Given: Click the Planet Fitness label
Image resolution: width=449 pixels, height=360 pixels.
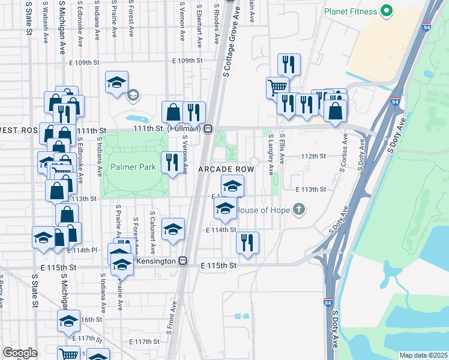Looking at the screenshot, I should pyautogui.click(x=351, y=11).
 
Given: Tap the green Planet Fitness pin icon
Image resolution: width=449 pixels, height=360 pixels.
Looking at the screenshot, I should pyautogui.click(x=387, y=11).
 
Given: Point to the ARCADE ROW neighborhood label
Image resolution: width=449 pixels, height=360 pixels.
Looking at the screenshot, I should pyautogui.click(x=227, y=170).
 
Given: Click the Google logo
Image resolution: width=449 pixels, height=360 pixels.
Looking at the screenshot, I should pyautogui.click(x=19, y=352).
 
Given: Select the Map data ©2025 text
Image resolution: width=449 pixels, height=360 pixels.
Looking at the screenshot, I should pyautogui.click(x=423, y=355).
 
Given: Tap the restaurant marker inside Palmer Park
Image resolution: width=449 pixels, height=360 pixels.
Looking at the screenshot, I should pyautogui.click(x=172, y=162).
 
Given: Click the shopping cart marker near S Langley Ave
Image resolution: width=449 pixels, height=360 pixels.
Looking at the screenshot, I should pyautogui.click(x=277, y=87).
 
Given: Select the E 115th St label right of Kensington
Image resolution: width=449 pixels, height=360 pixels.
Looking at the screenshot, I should pyautogui.click(x=219, y=265).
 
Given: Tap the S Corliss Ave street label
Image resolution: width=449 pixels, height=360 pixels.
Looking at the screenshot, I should pyautogui.click(x=345, y=152).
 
